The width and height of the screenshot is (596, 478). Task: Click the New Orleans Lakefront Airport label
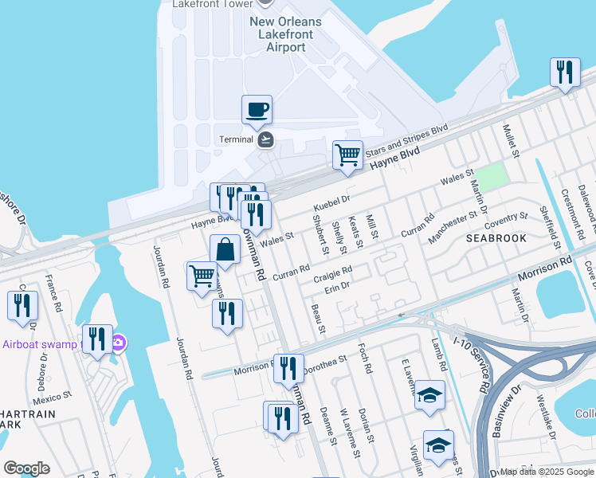(286, 34)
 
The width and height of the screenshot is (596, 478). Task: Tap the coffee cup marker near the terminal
(257, 110)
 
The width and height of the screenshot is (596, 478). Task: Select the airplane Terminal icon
(266, 139)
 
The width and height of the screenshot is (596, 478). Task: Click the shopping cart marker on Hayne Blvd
(347, 155)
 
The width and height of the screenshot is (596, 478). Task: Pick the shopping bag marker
(225, 249)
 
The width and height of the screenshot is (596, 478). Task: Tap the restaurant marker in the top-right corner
(565, 72)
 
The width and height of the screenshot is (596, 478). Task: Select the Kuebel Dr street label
(333, 198)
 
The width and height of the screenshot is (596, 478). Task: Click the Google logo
(26, 468)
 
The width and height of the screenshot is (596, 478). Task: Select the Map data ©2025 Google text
(547, 472)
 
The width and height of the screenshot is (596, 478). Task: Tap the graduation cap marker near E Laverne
(429, 395)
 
